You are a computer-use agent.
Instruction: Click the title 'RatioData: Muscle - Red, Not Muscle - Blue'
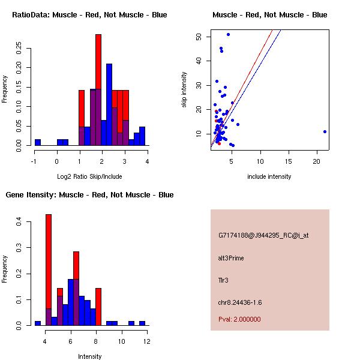(x=89, y=14)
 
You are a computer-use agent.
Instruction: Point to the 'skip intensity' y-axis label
(x=184, y=90)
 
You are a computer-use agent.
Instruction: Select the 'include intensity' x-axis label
(x=269, y=176)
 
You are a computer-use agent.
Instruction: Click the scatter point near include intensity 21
(x=325, y=131)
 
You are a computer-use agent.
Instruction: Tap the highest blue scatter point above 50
(x=228, y=34)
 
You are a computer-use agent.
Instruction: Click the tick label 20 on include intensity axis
(x=317, y=160)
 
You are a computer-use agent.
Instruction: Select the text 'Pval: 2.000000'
(x=239, y=320)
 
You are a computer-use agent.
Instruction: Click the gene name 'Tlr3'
(x=224, y=280)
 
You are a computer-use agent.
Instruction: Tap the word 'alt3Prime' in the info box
(x=231, y=258)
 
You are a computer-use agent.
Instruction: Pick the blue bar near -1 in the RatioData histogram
(x=38, y=142)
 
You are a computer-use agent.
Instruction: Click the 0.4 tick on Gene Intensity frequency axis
(x=19, y=223)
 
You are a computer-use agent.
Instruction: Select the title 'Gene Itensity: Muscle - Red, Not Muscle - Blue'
(x=89, y=195)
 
